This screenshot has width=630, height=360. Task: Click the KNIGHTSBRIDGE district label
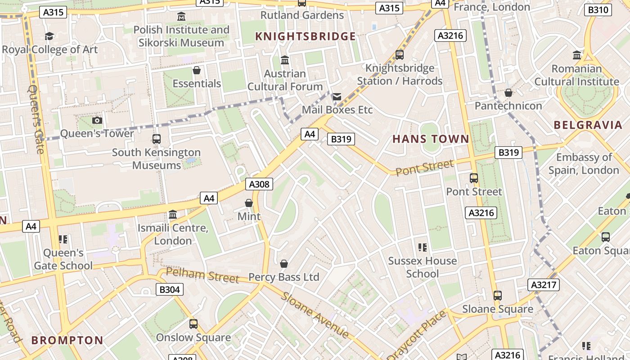click(306, 36)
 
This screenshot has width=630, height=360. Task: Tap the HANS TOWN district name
click(431, 139)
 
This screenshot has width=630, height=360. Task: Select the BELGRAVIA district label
click(588, 125)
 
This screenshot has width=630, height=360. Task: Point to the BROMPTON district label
click(67, 340)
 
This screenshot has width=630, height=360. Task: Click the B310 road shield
click(598, 10)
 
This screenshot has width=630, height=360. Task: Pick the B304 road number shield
click(170, 289)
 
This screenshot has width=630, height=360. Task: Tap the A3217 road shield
click(544, 284)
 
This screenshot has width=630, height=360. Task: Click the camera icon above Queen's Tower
click(97, 120)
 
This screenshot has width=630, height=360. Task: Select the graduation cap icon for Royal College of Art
click(49, 36)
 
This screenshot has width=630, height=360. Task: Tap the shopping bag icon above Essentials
click(197, 70)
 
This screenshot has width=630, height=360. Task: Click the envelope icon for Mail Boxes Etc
click(337, 96)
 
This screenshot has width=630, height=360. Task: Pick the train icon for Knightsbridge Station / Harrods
click(399, 55)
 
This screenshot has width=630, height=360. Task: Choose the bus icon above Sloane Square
click(498, 296)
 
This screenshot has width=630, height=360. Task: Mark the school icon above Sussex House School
click(422, 247)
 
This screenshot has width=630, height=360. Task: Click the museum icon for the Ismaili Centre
click(173, 215)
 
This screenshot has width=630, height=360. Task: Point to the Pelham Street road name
click(202, 275)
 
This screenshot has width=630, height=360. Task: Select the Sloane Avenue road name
click(315, 315)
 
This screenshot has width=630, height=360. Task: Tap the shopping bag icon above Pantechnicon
click(508, 93)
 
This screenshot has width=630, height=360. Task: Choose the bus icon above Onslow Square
click(193, 324)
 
